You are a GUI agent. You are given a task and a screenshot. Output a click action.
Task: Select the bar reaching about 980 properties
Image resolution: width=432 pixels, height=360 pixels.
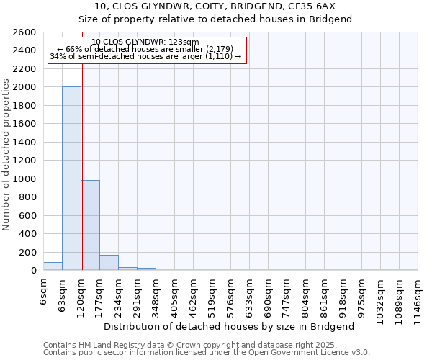tap(90, 225)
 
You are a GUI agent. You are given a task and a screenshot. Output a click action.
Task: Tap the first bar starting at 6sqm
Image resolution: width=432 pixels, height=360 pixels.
tap(53, 266)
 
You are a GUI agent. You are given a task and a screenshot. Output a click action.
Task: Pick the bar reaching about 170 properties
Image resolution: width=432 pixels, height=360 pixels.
tap(109, 263)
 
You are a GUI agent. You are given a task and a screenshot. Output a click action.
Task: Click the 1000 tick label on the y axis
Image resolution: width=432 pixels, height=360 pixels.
tap(27, 179)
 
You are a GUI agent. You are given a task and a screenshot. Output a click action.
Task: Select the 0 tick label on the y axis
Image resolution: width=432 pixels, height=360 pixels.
tap(33, 271)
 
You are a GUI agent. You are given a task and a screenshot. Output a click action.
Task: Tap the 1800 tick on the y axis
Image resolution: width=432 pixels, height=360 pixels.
tap(27, 106)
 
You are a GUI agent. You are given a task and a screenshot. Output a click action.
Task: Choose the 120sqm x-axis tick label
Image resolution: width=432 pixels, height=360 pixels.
tap(81, 294)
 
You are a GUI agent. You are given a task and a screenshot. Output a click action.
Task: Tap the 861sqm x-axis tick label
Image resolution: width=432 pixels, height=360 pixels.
tap(325, 294)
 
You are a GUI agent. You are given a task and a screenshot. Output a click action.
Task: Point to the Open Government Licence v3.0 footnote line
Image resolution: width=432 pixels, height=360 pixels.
tap(207, 353)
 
